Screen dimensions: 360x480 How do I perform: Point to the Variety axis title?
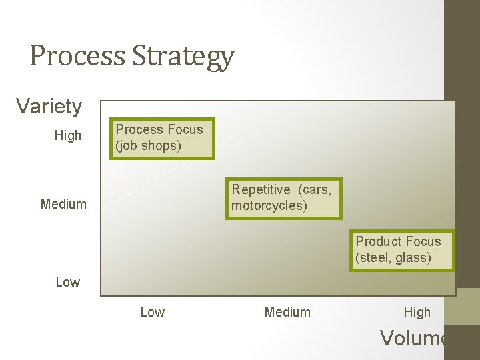point(49,106)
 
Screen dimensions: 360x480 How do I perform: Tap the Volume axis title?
point(413,338)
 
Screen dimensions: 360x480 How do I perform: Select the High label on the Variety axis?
point(68,136)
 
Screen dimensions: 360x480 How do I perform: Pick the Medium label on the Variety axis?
point(63,204)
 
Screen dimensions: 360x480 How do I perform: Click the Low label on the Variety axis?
point(68,282)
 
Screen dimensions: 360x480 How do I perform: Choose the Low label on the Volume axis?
point(153,312)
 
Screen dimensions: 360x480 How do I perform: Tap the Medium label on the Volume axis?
point(287,312)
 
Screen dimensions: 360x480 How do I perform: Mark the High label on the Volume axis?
point(417,312)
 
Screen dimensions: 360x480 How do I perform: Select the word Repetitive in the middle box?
point(262,189)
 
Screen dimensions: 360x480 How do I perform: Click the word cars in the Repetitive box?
point(315,189)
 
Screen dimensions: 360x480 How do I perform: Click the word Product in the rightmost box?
point(379,241)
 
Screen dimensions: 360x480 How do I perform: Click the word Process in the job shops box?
point(140,129)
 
